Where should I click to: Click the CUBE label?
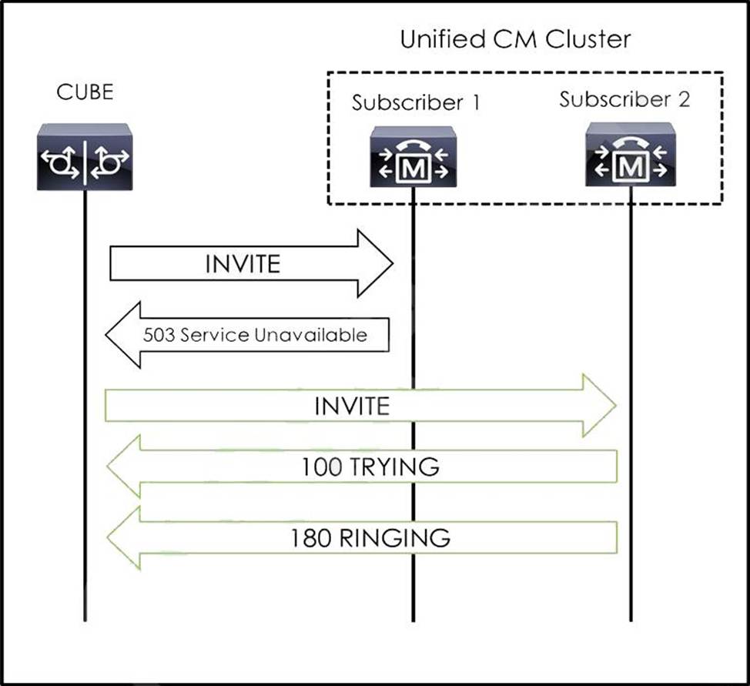pyautogui.click(x=85, y=92)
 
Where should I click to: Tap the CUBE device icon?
pyautogui.click(x=85, y=158)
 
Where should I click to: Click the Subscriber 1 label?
pyautogui.click(x=416, y=103)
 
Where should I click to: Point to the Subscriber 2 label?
pyautogui.click(x=624, y=100)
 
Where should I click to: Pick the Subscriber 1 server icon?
pyautogui.click(x=413, y=157)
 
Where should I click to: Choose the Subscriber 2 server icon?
pyautogui.click(x=629, y=154)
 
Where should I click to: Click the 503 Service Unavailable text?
pyautogui.click(x=255, y=335)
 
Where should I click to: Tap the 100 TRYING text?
pyautogui.click(x=370, y=467)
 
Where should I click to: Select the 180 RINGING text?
pyautogui.click(x=370, y=537)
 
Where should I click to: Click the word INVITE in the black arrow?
pyautogui.click(x=243, y=264)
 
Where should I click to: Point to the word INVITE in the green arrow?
pyautogui.click(x=352, y=406)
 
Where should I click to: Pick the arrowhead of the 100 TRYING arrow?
pyautogui.click(x=124, y=467)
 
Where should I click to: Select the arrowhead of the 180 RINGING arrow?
pyautogui.click(x=124, y=537)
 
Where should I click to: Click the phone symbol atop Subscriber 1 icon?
pyautogui.click(x=413, y=145)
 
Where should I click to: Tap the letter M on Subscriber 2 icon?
pyautogui.click(x=630, y=167)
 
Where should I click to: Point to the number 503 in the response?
pyautogui.click(x=156, y=335)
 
